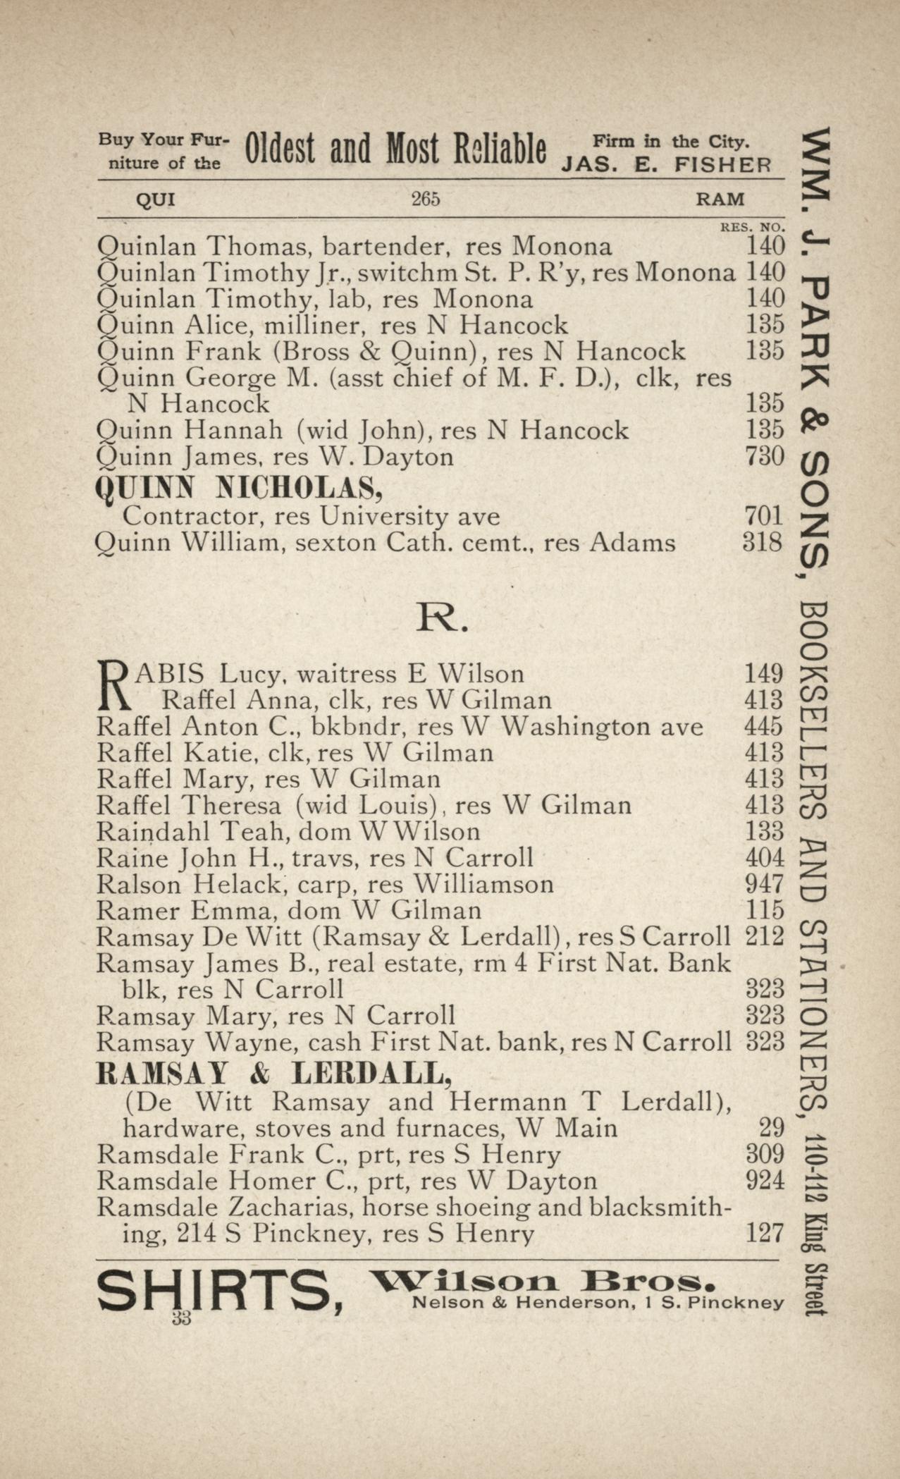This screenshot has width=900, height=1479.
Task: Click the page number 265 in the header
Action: [426, 199]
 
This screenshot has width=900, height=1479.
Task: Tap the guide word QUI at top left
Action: [155, 200]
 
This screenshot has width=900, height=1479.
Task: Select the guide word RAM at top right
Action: [720, 200]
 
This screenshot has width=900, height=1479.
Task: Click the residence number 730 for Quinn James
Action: [764, 457]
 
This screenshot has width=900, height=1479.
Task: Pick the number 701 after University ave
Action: [764, 516]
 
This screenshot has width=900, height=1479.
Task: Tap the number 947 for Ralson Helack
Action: [764, 884]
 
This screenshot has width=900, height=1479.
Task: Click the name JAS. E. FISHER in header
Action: [666, 165]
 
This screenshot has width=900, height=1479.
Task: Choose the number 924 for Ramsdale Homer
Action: [764, 1180]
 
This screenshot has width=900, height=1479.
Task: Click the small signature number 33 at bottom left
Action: [181, 1319]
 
